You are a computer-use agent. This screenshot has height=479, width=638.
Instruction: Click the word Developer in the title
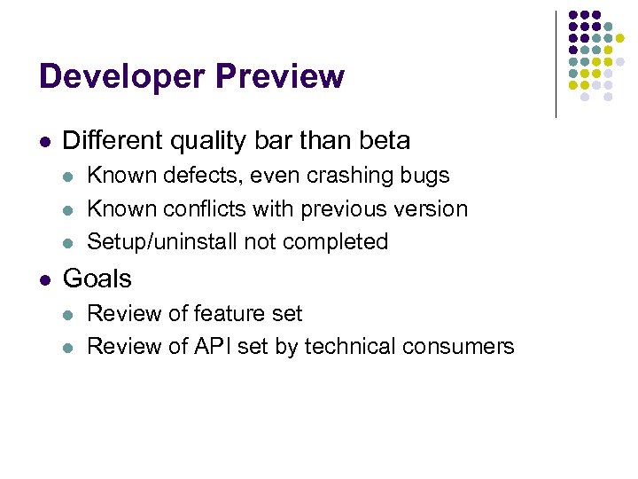(118, 77)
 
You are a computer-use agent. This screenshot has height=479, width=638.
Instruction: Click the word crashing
(362, 176)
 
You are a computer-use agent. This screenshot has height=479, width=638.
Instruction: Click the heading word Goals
(97, 279)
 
